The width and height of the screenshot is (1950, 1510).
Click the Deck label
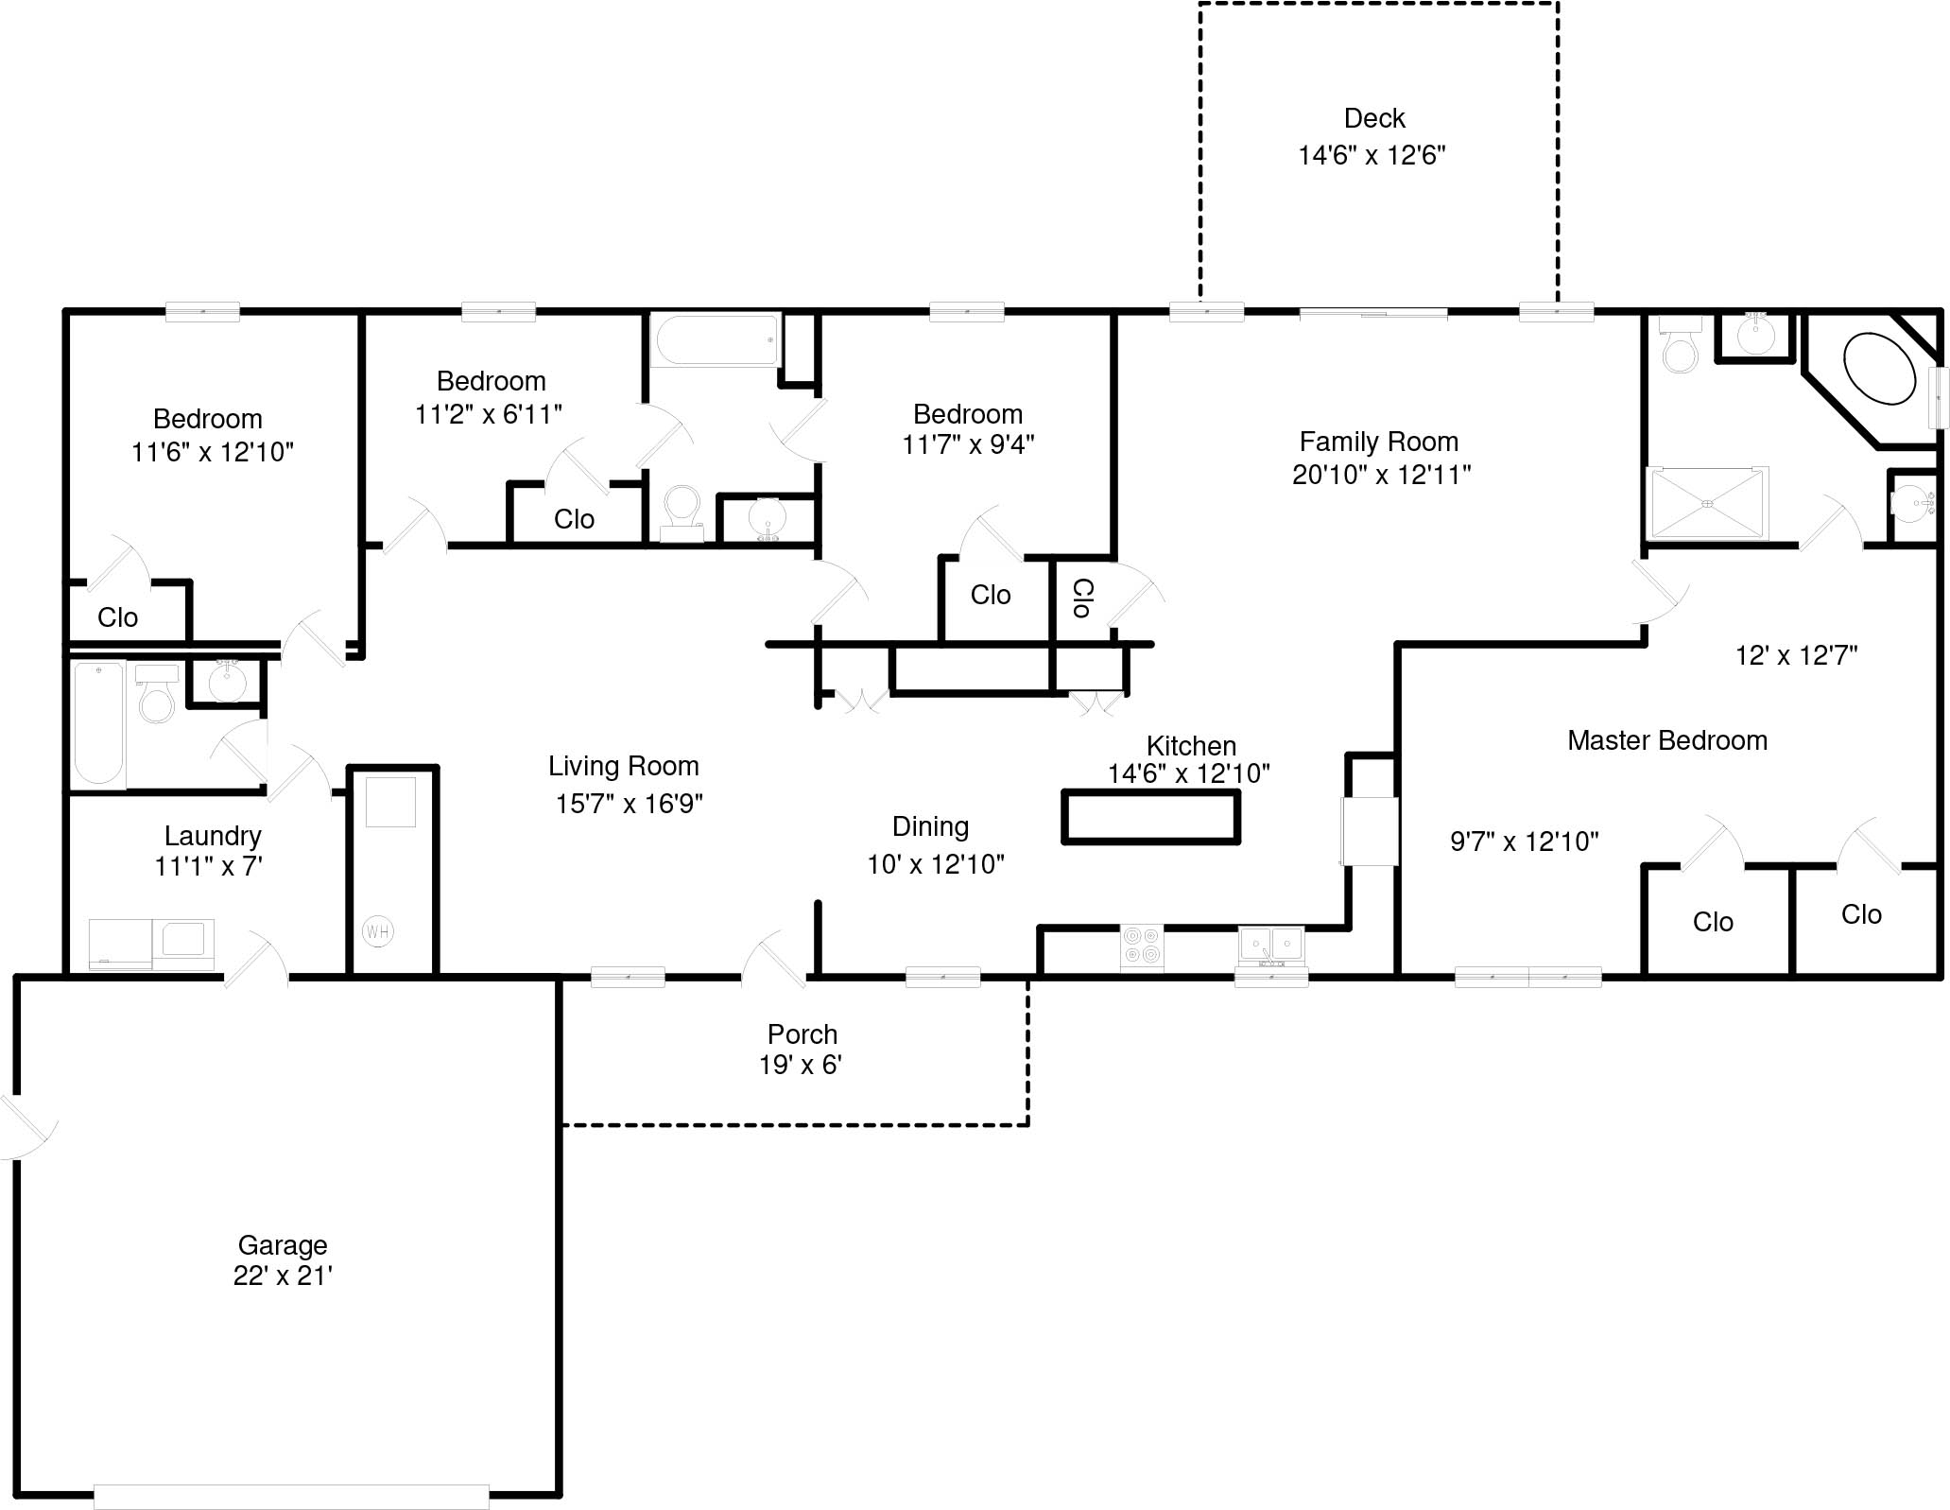pos(1373,118)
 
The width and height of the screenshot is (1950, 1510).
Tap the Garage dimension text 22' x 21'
pos(282,1276)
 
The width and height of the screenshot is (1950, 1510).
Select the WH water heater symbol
pos(377,931)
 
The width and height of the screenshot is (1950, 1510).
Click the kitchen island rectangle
pos(1150,817)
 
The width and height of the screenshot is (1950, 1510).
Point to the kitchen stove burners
pos(1142,946)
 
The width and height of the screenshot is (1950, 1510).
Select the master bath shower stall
pos(1707,503)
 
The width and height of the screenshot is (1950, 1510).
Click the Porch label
pos(802,1033)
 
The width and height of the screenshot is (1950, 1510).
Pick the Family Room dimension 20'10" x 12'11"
pos(1381,475)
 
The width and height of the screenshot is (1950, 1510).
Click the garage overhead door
pos(291,1497)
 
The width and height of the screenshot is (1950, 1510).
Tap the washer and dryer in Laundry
pos(151,943)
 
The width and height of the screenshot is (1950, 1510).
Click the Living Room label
pos(623,766)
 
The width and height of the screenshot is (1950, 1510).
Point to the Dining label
pos(930,826)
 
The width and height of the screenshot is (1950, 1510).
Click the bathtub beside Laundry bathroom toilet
pos(99,723)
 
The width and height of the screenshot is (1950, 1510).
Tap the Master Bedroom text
pos(1666,740)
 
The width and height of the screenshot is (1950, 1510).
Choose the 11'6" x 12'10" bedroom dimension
pos(212,452)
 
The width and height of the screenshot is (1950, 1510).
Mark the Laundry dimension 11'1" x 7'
pos(208,865)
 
